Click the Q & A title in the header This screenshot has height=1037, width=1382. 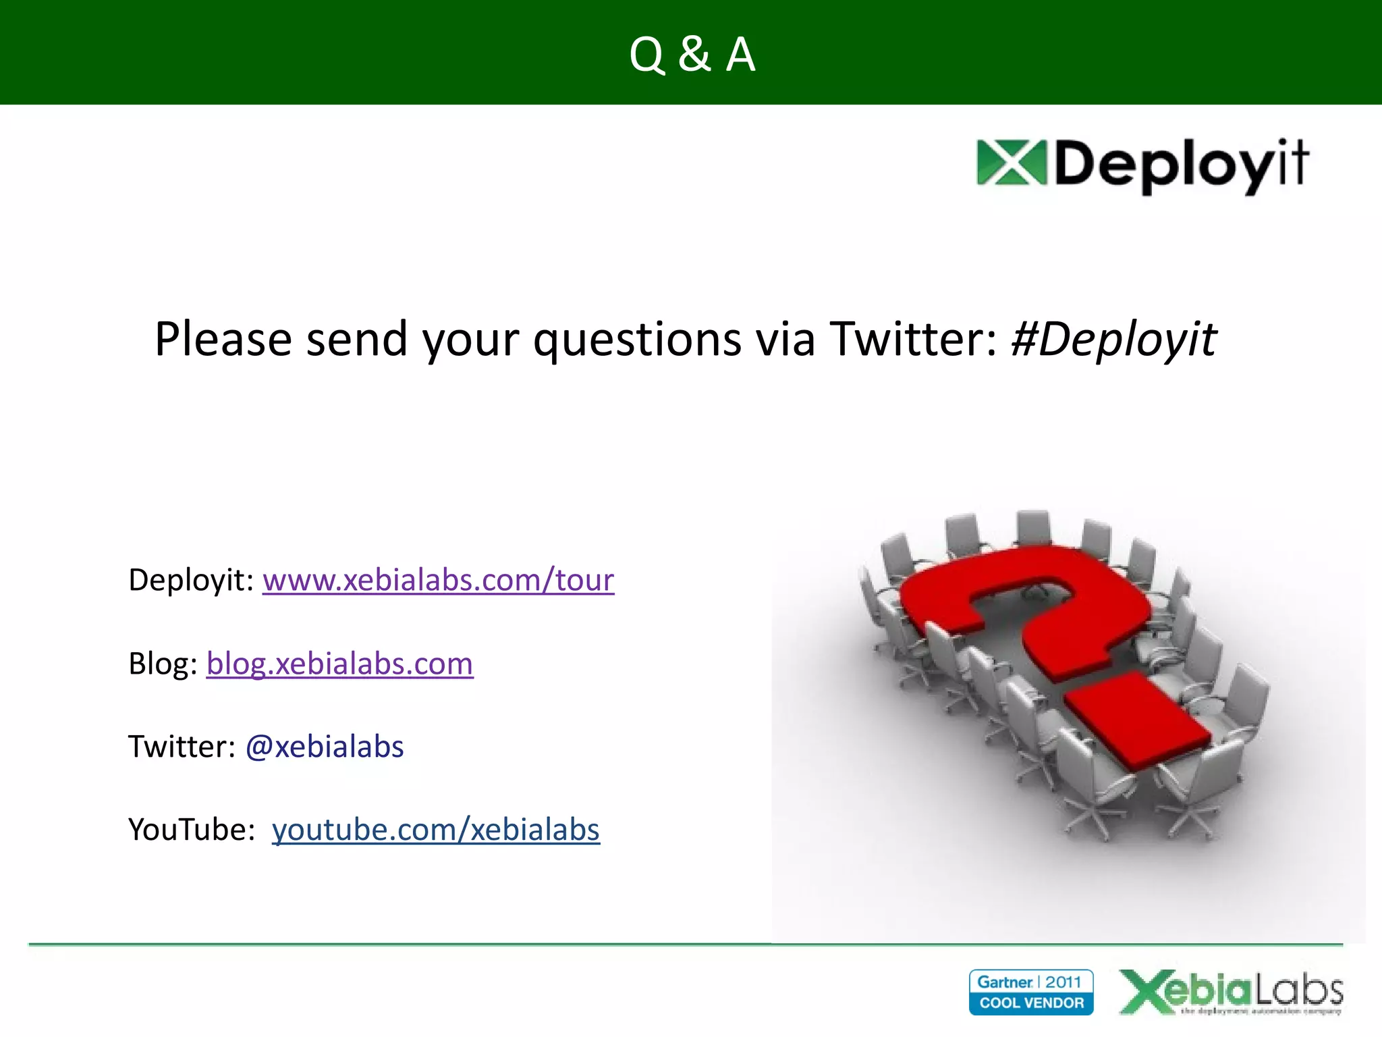[692, 54]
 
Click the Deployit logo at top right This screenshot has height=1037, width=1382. [1142, 165]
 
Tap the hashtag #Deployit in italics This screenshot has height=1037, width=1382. [1113, 339]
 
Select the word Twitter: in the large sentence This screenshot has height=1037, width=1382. [913, 339]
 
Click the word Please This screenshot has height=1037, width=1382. [223, 339]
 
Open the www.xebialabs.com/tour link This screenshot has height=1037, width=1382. [438, 580]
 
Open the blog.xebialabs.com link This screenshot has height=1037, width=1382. [339, 664]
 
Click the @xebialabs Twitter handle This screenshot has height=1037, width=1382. [324, 747]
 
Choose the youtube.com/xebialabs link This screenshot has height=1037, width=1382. [435, 830]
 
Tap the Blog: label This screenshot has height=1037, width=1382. [163, 664]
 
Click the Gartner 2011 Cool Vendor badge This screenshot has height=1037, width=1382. [1030, 992]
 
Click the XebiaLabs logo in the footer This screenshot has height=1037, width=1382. [1231, 992]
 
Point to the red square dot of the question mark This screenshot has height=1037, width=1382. [1138, 720]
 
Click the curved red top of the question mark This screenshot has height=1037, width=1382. [1032, 574]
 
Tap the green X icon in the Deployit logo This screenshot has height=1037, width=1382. [1010, 163]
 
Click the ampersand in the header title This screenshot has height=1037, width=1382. [694, 54]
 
